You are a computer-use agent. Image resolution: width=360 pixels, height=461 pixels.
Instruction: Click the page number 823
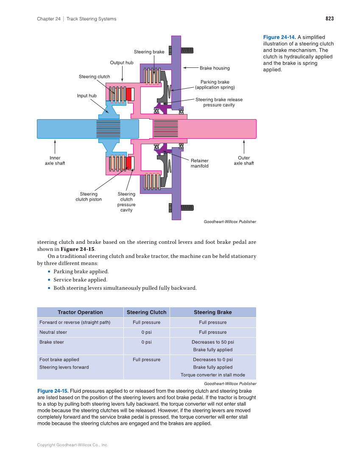[x=329, y=19]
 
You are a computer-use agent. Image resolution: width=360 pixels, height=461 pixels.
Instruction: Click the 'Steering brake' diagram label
[x=149, y=52]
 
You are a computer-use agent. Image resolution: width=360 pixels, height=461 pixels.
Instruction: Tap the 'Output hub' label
[x=122, y=63]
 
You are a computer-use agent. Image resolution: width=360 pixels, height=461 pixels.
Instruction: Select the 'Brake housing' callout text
[x=215, y=68]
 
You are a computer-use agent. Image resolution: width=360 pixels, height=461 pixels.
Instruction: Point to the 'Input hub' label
[x=87, y=95]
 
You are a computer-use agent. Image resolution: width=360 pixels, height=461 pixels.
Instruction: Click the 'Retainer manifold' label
[x=199, y=163]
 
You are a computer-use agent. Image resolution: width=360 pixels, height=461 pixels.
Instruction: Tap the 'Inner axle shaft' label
[x=55, y=161]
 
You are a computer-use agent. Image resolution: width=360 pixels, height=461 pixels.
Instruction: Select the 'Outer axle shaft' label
[x=244, y=161]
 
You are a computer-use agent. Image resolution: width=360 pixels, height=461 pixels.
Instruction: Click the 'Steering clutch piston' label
[x=89, y=197]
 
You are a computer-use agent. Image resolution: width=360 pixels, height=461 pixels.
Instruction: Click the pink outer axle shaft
[x=220, y=129]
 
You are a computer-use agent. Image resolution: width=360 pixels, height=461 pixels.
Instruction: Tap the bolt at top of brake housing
[x=187, y=50]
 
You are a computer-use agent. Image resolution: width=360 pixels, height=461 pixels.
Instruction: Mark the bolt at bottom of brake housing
[x=187, y=207]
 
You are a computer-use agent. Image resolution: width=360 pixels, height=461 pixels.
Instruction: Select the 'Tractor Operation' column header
[x=80, y=312]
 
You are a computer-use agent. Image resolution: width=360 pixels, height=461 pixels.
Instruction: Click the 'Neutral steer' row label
[x=53, y=332]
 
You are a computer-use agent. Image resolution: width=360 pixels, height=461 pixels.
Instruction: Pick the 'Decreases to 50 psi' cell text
[x=212, y=342]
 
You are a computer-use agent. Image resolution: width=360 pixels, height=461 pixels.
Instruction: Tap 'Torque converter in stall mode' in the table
[x=212, y=375]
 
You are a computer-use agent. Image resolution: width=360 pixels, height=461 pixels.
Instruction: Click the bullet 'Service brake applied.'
[x=80, y=280]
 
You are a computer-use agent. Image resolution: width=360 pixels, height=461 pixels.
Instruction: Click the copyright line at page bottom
[x=73, y=445]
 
